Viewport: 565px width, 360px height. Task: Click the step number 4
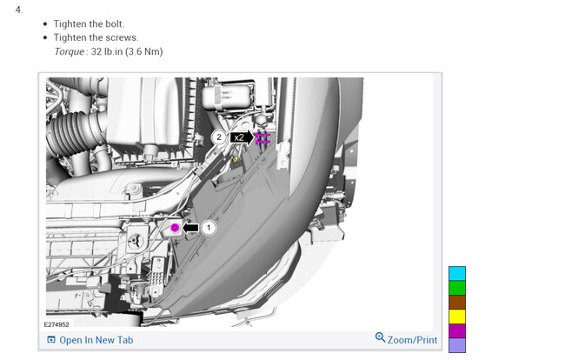click(x=19, y=10)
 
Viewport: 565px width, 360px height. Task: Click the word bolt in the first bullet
click(x=115, y=23)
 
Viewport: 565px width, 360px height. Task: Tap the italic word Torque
click(x=70, y=51)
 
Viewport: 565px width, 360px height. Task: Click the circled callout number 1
click(x=209, y=228)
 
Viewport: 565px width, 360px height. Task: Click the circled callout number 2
click(x=218, y=137)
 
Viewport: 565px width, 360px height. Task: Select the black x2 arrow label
click(x=242, y=137)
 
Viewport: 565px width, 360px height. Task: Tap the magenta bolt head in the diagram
click(x=175, y=228)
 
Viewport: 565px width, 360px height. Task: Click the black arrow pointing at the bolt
click(x=190, y=228)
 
